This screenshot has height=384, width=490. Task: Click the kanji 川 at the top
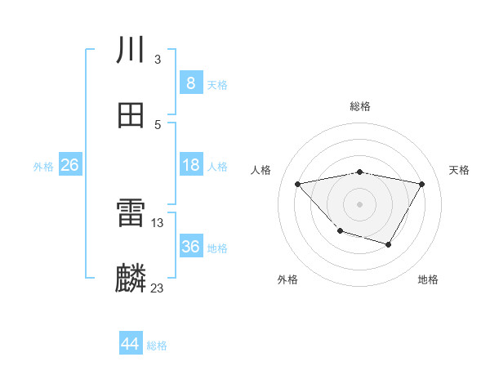point(131,51)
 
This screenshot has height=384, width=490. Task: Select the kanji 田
point(131,115)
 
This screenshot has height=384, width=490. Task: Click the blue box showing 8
point(190,83)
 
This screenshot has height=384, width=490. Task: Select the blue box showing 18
point(190,165)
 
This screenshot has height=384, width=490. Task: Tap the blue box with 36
point(190,247)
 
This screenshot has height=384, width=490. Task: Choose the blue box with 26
point(69,165)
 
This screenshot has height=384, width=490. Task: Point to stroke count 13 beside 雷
point(158,221)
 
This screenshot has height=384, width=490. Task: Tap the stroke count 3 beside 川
point(158,59)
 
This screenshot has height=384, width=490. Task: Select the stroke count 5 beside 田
point(158,124)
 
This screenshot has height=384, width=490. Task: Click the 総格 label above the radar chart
point(360,106)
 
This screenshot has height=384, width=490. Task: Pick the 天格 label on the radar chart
point(460,170)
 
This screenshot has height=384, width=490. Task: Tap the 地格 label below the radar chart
point(428,279)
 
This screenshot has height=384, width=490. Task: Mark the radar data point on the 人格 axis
point(298,184)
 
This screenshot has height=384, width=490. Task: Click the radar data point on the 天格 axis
point(422,184)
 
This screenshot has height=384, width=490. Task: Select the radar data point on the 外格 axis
point(340,232)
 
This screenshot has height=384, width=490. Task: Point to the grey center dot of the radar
point(360,203)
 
